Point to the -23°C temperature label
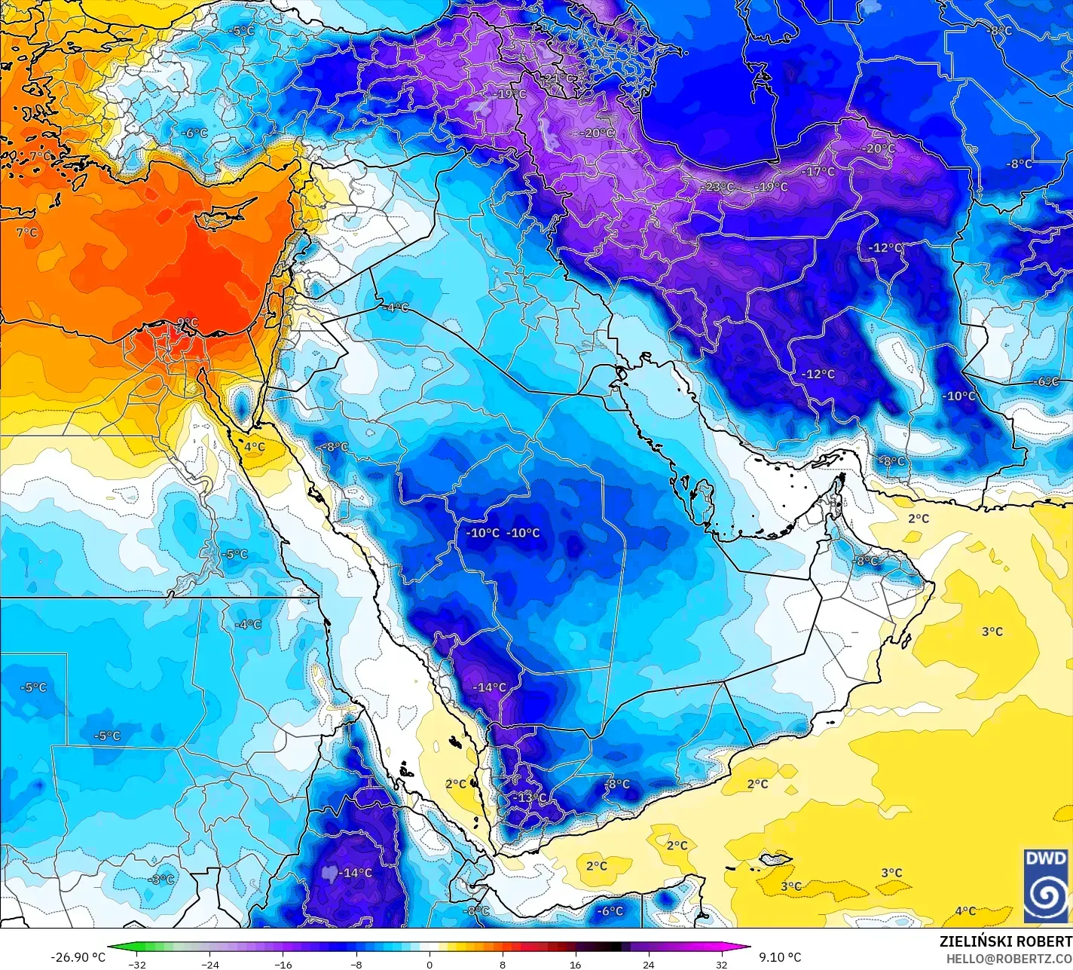click(x=717, y=187)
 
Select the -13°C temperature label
click(x=530, y=798)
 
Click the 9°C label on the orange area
click(x=187, y=323)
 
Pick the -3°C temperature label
click(x=161, y=880)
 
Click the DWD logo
click(x=1047, y=885)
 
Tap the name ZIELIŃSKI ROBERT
click(x=1005, y=941)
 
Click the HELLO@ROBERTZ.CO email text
click(x=1009, y=959)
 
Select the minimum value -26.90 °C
click(x=78, y=957)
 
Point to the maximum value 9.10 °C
click(x=780, y=957)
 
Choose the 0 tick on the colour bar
click(x=429, y=965)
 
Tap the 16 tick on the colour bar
click(x=575, y=965)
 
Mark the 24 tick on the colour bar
click(x=648, y=965)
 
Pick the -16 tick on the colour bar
click(x=283, y=965)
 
